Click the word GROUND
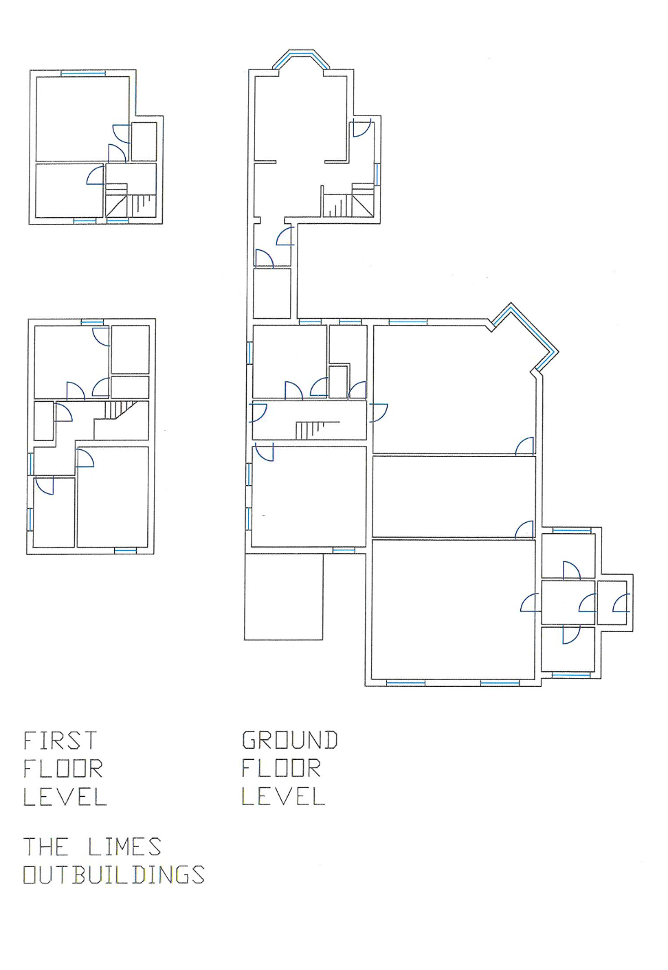[x=289, y=740]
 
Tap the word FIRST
[x=60, y=740]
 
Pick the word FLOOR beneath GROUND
[x=281, y=768]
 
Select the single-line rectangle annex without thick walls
[x=283, y=597]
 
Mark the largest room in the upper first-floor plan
[x=82, y=119]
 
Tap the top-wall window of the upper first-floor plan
[x=83, y=74]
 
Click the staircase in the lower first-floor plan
[x=120, y=409]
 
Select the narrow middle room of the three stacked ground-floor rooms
[x=454, y=496]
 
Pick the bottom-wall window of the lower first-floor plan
[x=125, y=550]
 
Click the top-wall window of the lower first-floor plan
[x=92, y=322]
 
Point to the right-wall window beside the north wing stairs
[x=377, y=174]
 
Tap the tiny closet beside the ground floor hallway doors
[x=338, y=382]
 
